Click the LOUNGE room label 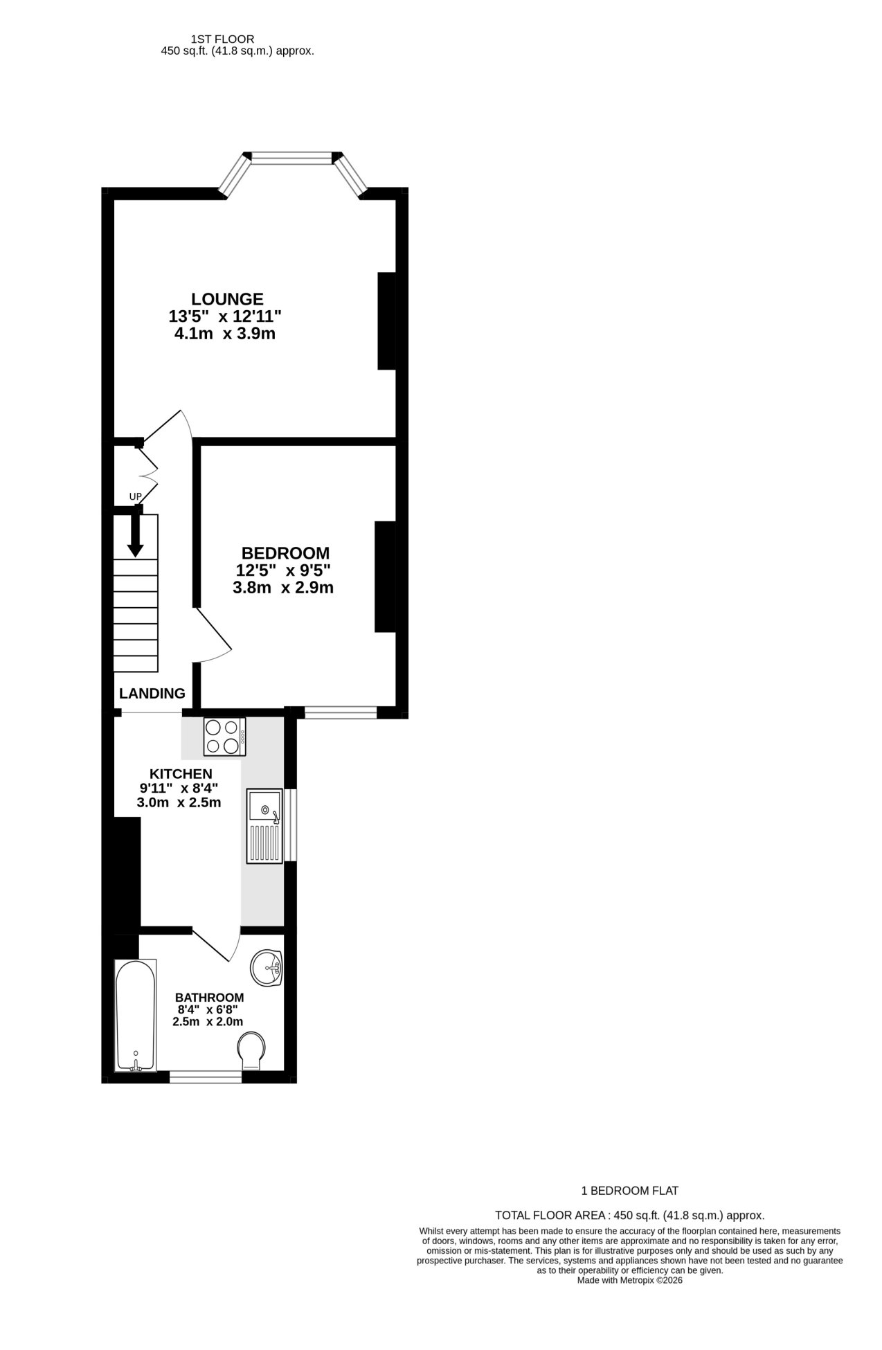click(x=227, y=299)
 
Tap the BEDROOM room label click(x=285, y=553)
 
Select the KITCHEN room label click(x=181, y=773)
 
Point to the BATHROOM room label click(x=209, y=998)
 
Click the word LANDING click(x=152, y=693)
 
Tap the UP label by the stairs click(x=135, y=496)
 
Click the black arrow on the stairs click(x=136, y=535)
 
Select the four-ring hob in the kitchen click(x=224, y=737)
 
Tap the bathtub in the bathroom click(x=136, y=1016)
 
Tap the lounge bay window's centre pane click(x=291, y=159)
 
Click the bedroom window click(x=341, y=712)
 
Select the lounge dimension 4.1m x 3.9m click(x=226, y=334)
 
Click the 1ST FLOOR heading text click(x=222, y=39)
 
